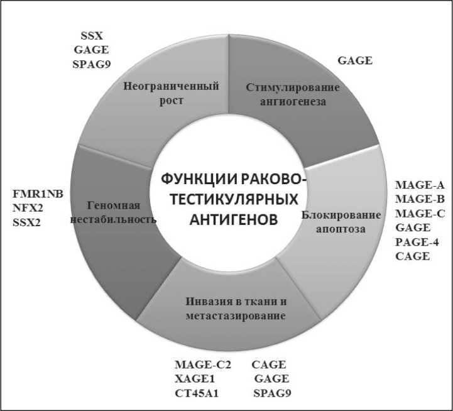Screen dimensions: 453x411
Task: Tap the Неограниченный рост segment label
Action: pyautogui.click(x=171, y=93)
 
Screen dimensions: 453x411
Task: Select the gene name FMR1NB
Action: pyautogui.click(x=38, y=194)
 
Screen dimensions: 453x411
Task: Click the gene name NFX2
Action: pyautogui.click(x=27, y=207)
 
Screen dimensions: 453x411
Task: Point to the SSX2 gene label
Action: pyautogui.click(x=26, y=221)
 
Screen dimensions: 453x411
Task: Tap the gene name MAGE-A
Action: pyautogui.click(x=420, y=185)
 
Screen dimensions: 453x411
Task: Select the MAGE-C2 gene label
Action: pyautogui.click(x=203, y=364)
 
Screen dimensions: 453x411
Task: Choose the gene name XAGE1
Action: pyautogui.click(x=197, y=379)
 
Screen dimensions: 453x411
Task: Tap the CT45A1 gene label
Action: pyautogui.click(x=200, y=393)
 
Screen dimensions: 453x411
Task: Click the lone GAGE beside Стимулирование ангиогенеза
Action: pyautogui.click(x=355, y=61)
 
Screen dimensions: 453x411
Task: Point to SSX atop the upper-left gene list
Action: pyautogui.click(x=94, y=33)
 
